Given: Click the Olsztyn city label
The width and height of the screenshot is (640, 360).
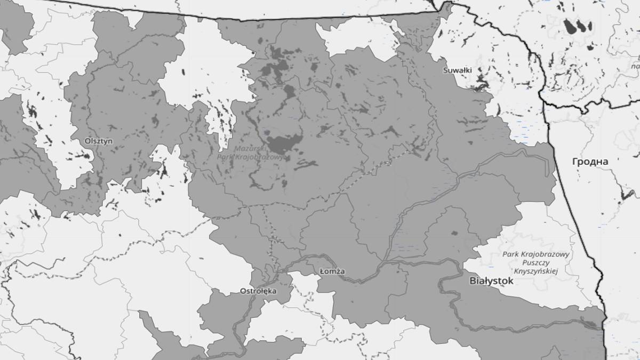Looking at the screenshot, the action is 99,141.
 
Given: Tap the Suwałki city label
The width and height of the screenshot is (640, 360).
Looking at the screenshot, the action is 457,70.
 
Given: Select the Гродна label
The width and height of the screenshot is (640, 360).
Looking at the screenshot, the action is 590,161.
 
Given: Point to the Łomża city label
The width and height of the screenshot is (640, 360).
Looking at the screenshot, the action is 332,271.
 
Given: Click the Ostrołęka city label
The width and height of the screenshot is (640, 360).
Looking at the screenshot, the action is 258,291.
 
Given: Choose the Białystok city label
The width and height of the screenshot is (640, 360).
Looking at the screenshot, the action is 491,281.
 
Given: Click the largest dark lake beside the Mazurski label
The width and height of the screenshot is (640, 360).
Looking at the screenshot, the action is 284,144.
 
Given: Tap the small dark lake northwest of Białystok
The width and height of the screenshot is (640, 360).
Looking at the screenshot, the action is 454,233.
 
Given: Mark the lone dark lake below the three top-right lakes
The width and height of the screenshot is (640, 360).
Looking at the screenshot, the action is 589,47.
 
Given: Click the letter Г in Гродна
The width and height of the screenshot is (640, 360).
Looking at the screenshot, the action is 575,161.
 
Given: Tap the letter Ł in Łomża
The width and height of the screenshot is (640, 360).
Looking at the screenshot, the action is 322,271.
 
